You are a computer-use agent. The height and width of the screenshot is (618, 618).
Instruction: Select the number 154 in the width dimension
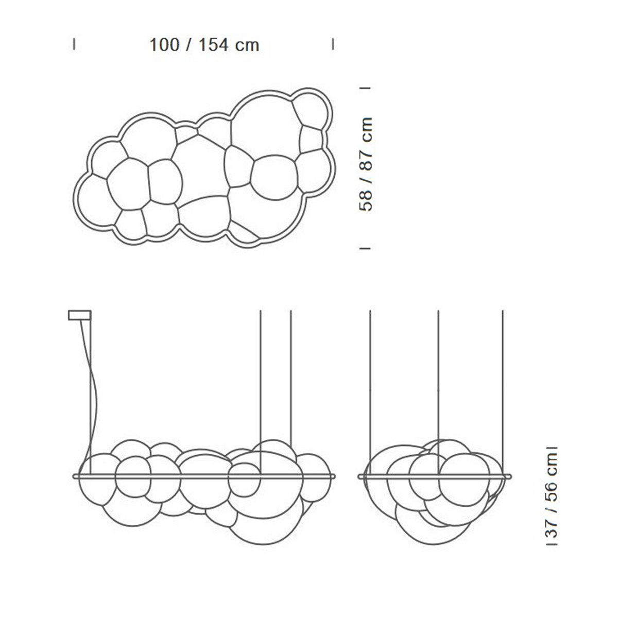214,45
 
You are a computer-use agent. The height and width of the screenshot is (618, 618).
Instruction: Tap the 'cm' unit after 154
247,45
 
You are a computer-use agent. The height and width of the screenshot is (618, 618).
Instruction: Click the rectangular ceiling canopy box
79,315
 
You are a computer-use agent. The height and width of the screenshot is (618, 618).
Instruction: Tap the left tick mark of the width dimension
74,44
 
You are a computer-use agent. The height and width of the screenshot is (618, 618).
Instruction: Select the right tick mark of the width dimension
333,44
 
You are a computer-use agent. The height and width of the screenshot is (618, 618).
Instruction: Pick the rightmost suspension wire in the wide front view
291,376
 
